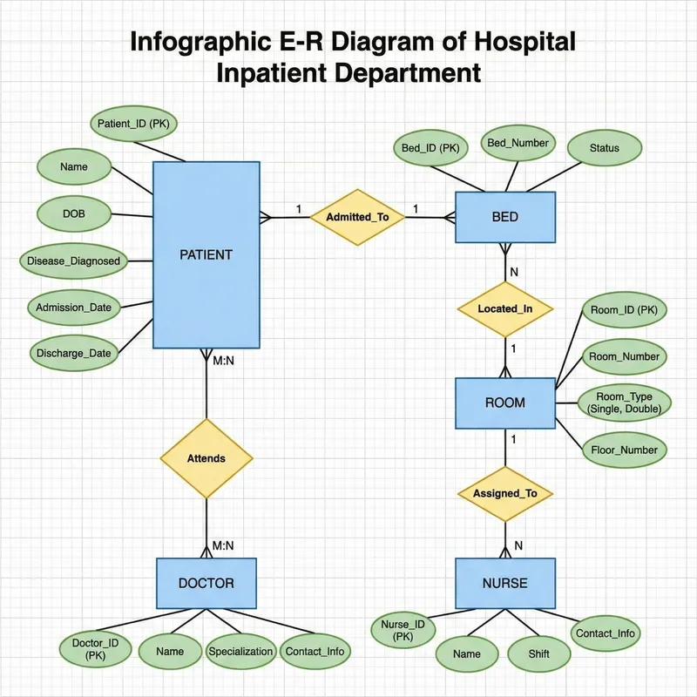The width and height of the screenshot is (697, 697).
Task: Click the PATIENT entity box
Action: point(206,255)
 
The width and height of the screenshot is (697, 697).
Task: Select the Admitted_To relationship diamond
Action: point(357,216)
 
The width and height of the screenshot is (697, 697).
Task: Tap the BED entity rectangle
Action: point(505,217)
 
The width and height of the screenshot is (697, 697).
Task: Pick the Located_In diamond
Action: point(505,309)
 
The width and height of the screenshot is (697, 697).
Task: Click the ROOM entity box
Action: point(505,403)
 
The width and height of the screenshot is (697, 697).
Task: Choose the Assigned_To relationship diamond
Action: point(505,493)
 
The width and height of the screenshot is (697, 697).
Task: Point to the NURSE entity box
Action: point(505,583)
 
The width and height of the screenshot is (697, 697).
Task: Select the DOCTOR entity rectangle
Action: point(206,583)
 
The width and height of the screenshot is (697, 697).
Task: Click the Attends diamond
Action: point(206,458)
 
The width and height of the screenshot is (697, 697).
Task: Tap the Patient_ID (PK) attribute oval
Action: point(133,125)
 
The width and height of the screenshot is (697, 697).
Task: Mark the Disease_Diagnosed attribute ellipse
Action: point(73,261)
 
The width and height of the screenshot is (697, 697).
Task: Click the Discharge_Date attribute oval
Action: point(73,354)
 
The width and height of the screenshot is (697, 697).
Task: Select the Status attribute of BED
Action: point(605,148)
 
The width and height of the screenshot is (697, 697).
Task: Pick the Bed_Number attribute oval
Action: point(518,143)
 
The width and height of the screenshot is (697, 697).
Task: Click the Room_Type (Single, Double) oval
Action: point(624,403)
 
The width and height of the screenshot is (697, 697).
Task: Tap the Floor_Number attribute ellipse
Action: point(624,450)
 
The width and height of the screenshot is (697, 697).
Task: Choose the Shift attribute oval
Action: point(538,653)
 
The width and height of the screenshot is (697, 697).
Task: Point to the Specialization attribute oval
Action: point(240,651)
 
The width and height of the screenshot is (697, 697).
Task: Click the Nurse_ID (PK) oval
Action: point(403,630)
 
